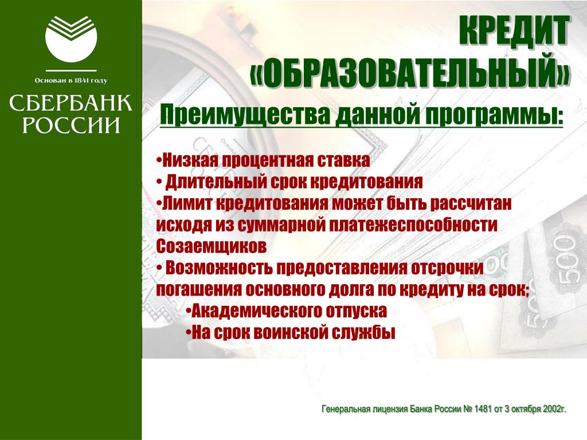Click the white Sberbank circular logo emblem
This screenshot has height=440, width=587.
[x=71, y=38]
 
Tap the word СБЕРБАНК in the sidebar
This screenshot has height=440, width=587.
[x=71, y=103]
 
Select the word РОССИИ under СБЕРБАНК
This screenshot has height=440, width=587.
[x=71, y=124]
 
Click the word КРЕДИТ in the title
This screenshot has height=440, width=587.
[x=514, y=31]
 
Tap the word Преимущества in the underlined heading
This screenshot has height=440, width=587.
[x=245, y=114]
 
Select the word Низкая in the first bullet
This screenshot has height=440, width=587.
[x=190, y=160]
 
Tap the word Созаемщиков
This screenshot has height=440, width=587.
[x=212, y=246]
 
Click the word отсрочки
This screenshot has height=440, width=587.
[x=447, y=268]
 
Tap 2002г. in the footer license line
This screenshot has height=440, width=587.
[x=555, y=409]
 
